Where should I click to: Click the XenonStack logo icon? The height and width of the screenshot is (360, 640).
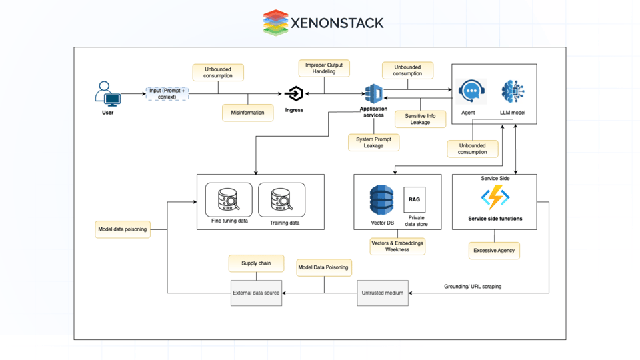click(275, 23)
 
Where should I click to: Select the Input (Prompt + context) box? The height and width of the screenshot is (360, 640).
click(167, 94)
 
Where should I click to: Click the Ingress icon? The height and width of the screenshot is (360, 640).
click(294, 94)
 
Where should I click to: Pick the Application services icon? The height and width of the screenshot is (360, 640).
click(373, 93)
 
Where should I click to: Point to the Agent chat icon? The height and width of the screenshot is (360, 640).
click(471, 91)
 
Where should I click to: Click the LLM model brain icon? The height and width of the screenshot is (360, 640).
click(513, 91)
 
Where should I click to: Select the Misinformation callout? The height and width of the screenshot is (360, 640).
click(247, 113)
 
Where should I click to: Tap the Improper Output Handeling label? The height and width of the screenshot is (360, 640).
click(324, 69)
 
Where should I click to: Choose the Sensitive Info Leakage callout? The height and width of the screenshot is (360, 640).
click(420, 119)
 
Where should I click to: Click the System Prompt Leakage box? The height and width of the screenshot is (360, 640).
click(373, 143)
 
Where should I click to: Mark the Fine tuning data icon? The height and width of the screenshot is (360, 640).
click(229, 199)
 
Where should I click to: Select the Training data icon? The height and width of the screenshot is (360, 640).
click(282, 199)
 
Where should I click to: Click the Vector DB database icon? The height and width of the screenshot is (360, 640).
click(382, 201)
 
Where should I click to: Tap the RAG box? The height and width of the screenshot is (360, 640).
click(414, 200)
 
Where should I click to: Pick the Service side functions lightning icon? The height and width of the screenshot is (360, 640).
click(495, 198)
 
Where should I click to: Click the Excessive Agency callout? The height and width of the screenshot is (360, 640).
click(494, 251)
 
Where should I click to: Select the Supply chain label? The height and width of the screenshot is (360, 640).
click(256, 263)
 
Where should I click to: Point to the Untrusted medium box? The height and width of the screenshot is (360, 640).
click(383, 293)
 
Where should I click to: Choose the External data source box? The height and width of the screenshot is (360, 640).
click(256, 293)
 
